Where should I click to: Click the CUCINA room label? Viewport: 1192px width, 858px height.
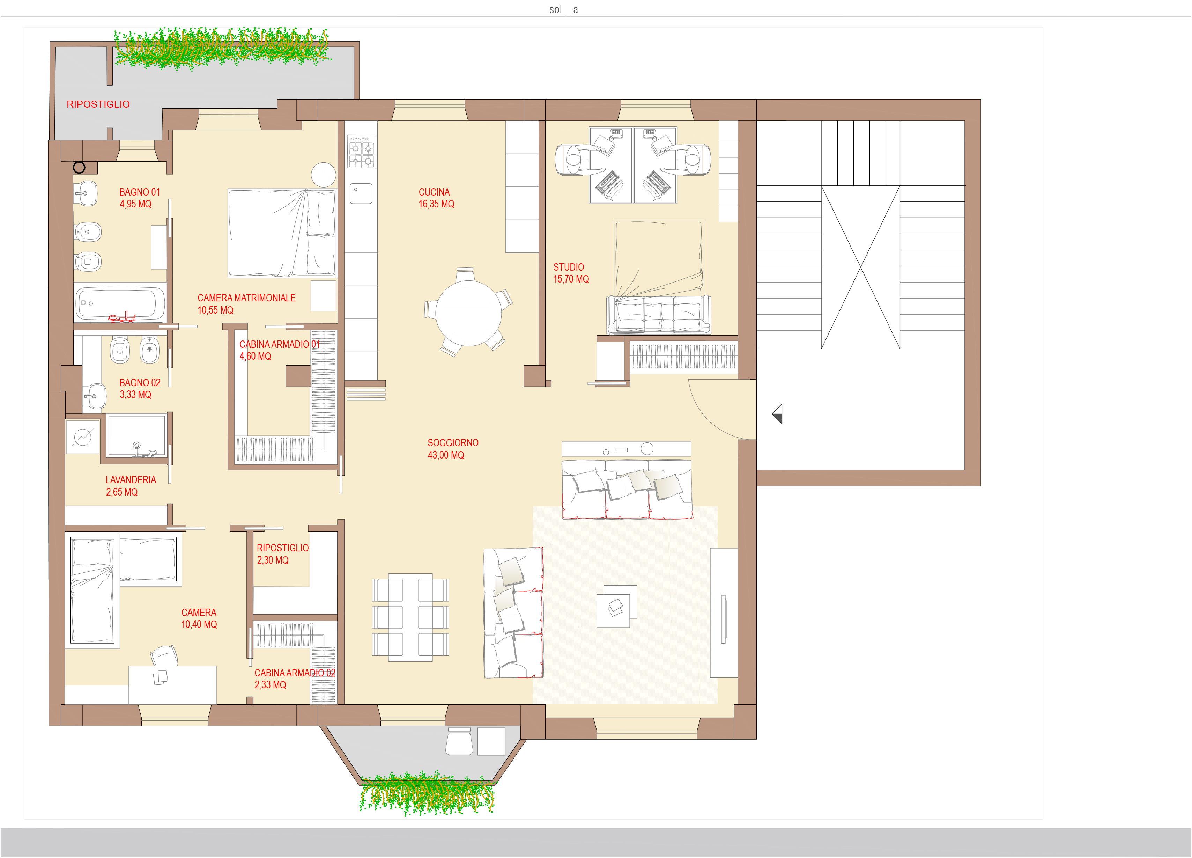(434, 192)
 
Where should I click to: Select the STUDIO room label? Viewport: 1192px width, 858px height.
(569, 267)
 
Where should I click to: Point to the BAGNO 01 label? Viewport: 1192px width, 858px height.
(139, 192)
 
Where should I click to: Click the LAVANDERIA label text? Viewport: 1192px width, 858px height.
(131, 480)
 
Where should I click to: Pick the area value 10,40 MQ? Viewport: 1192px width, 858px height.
(199, 625)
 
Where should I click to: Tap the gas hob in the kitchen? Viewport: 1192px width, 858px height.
(362, 152)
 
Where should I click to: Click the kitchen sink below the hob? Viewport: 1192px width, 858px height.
(361, 193)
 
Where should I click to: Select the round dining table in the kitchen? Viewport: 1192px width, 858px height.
(468, 313)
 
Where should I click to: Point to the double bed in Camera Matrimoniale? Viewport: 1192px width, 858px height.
(282, 233)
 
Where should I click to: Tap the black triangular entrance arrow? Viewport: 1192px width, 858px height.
(777, 414)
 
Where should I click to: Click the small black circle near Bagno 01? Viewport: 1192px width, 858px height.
(79, 168)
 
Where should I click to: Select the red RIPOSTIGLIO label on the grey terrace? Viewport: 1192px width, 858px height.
(98, 104)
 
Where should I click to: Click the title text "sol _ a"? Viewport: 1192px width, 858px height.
(563, 9)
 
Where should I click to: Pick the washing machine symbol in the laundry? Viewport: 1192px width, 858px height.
(82, 437)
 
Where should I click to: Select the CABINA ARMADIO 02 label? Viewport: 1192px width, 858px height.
(295, 673)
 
